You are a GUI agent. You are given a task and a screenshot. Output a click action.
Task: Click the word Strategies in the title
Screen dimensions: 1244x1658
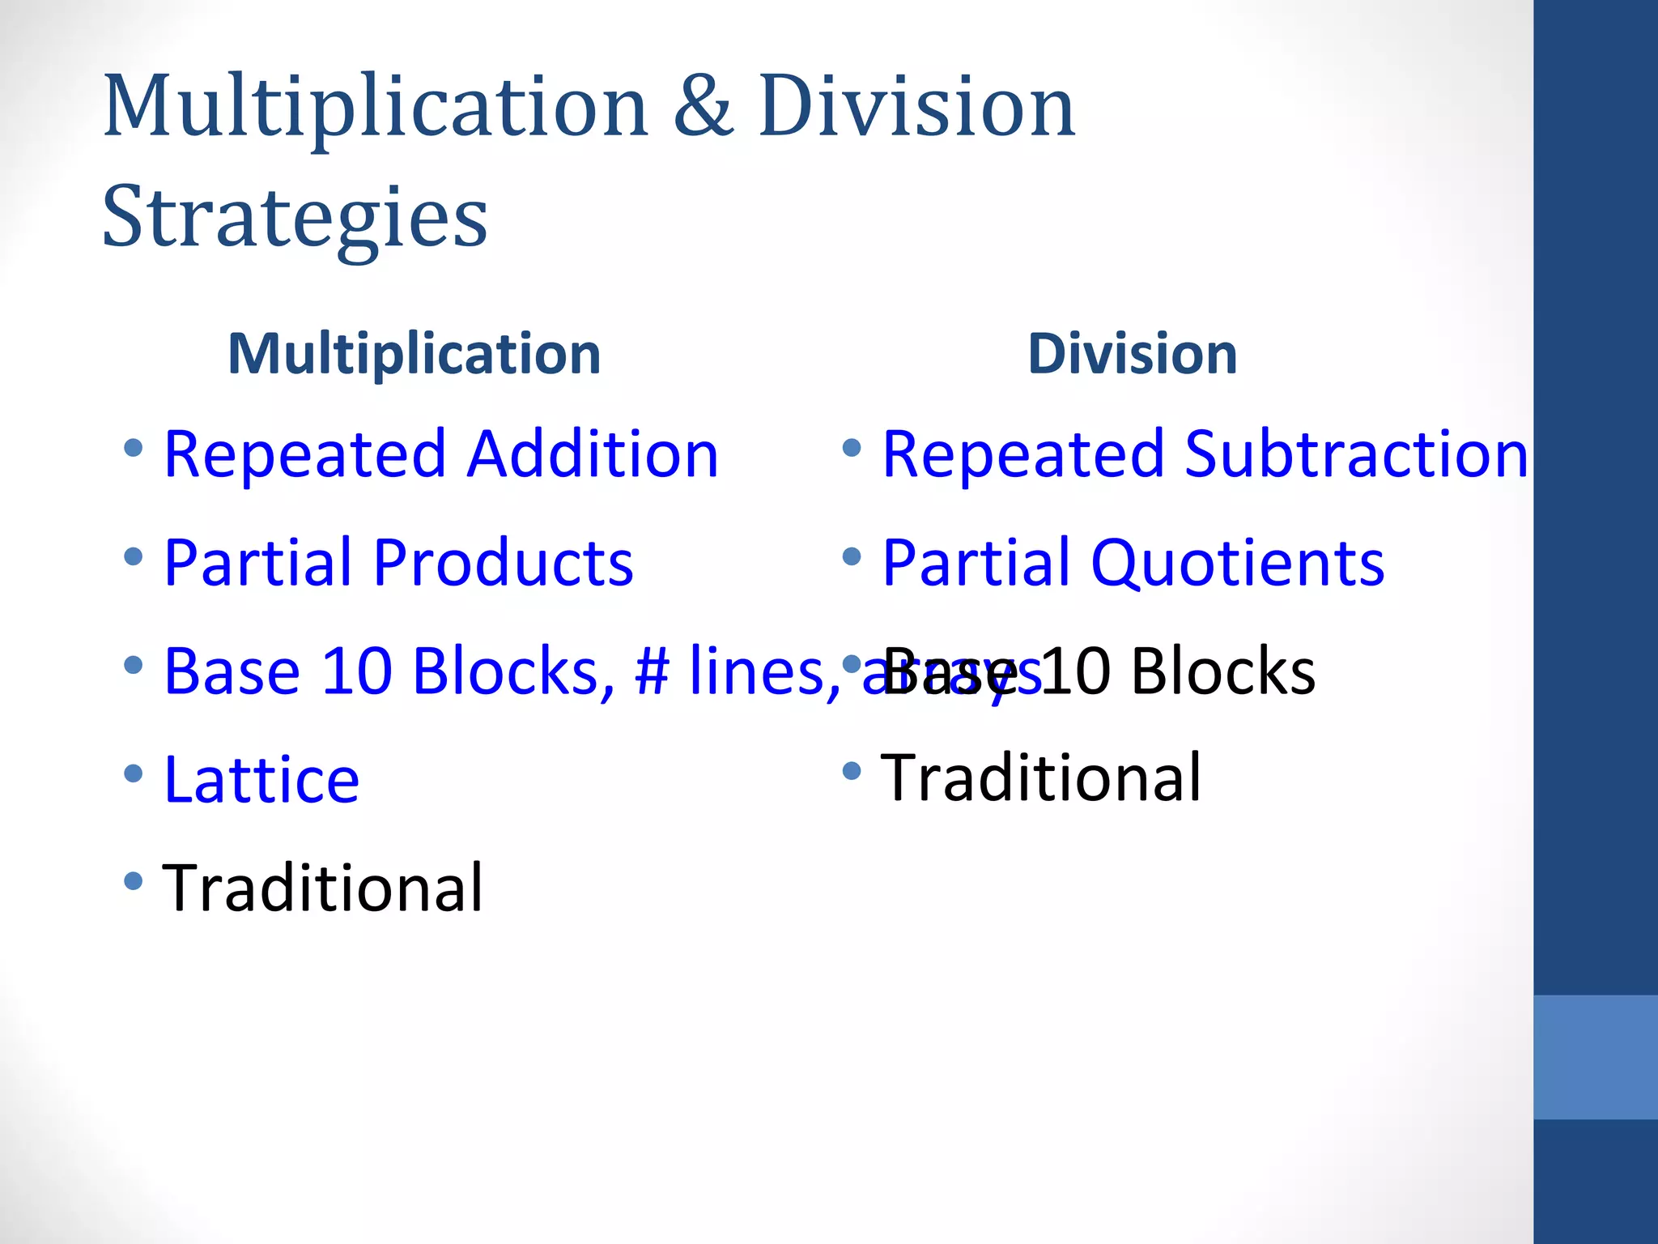click(295, 217)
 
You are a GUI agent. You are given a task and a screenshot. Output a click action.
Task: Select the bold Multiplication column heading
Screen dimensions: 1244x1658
click(414, 354)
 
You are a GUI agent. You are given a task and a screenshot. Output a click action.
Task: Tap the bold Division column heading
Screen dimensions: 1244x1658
click(1133, 354)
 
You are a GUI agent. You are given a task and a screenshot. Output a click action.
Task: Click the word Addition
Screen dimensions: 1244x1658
click(593, 454)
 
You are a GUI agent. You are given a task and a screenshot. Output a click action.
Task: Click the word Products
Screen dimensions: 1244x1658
click(504, 562)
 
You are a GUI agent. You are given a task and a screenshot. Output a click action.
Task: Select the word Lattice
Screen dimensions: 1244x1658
click(261, 779)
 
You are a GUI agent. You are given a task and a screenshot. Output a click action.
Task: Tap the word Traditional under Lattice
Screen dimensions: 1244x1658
click(323, 888)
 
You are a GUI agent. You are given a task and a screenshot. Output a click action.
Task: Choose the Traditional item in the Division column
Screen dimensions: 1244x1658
click(1041, 777)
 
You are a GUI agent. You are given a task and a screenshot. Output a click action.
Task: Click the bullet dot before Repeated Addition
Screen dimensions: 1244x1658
click(134, 448)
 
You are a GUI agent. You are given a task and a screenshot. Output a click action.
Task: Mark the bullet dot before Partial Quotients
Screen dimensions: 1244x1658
click(851, 556)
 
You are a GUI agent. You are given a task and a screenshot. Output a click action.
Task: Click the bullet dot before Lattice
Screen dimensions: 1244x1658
click(134, 773)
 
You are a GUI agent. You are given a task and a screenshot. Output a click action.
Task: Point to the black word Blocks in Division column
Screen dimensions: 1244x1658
click(1222, 671)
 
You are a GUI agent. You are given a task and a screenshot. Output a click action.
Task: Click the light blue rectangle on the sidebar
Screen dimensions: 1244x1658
click(1596, 1057)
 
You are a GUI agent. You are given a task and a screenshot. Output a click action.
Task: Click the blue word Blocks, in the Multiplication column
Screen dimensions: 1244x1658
click(513, 671)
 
